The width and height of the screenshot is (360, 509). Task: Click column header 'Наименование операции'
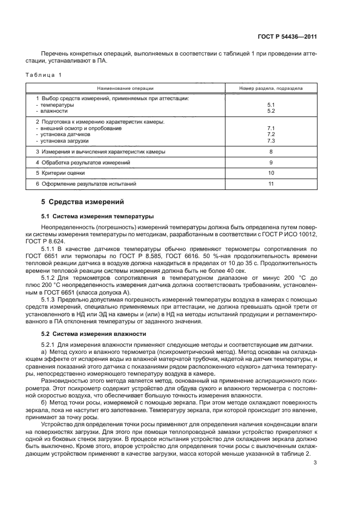tap(125, 88)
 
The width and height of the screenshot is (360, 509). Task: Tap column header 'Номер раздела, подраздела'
tap(271, 88)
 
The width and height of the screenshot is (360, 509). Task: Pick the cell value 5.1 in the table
tap(271, 105)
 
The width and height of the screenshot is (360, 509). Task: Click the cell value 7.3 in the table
tap(271, 140)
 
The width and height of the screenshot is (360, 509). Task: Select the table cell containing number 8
tap(271, 152)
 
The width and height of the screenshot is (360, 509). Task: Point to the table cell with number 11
tap(271, 184)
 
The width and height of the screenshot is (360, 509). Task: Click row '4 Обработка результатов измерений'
tap(83, 163)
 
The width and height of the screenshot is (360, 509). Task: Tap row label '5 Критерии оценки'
tap(60, 173)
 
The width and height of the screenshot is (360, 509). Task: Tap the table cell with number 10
tap(271, 173)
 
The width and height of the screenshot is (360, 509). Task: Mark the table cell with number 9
tap(271, 163)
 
